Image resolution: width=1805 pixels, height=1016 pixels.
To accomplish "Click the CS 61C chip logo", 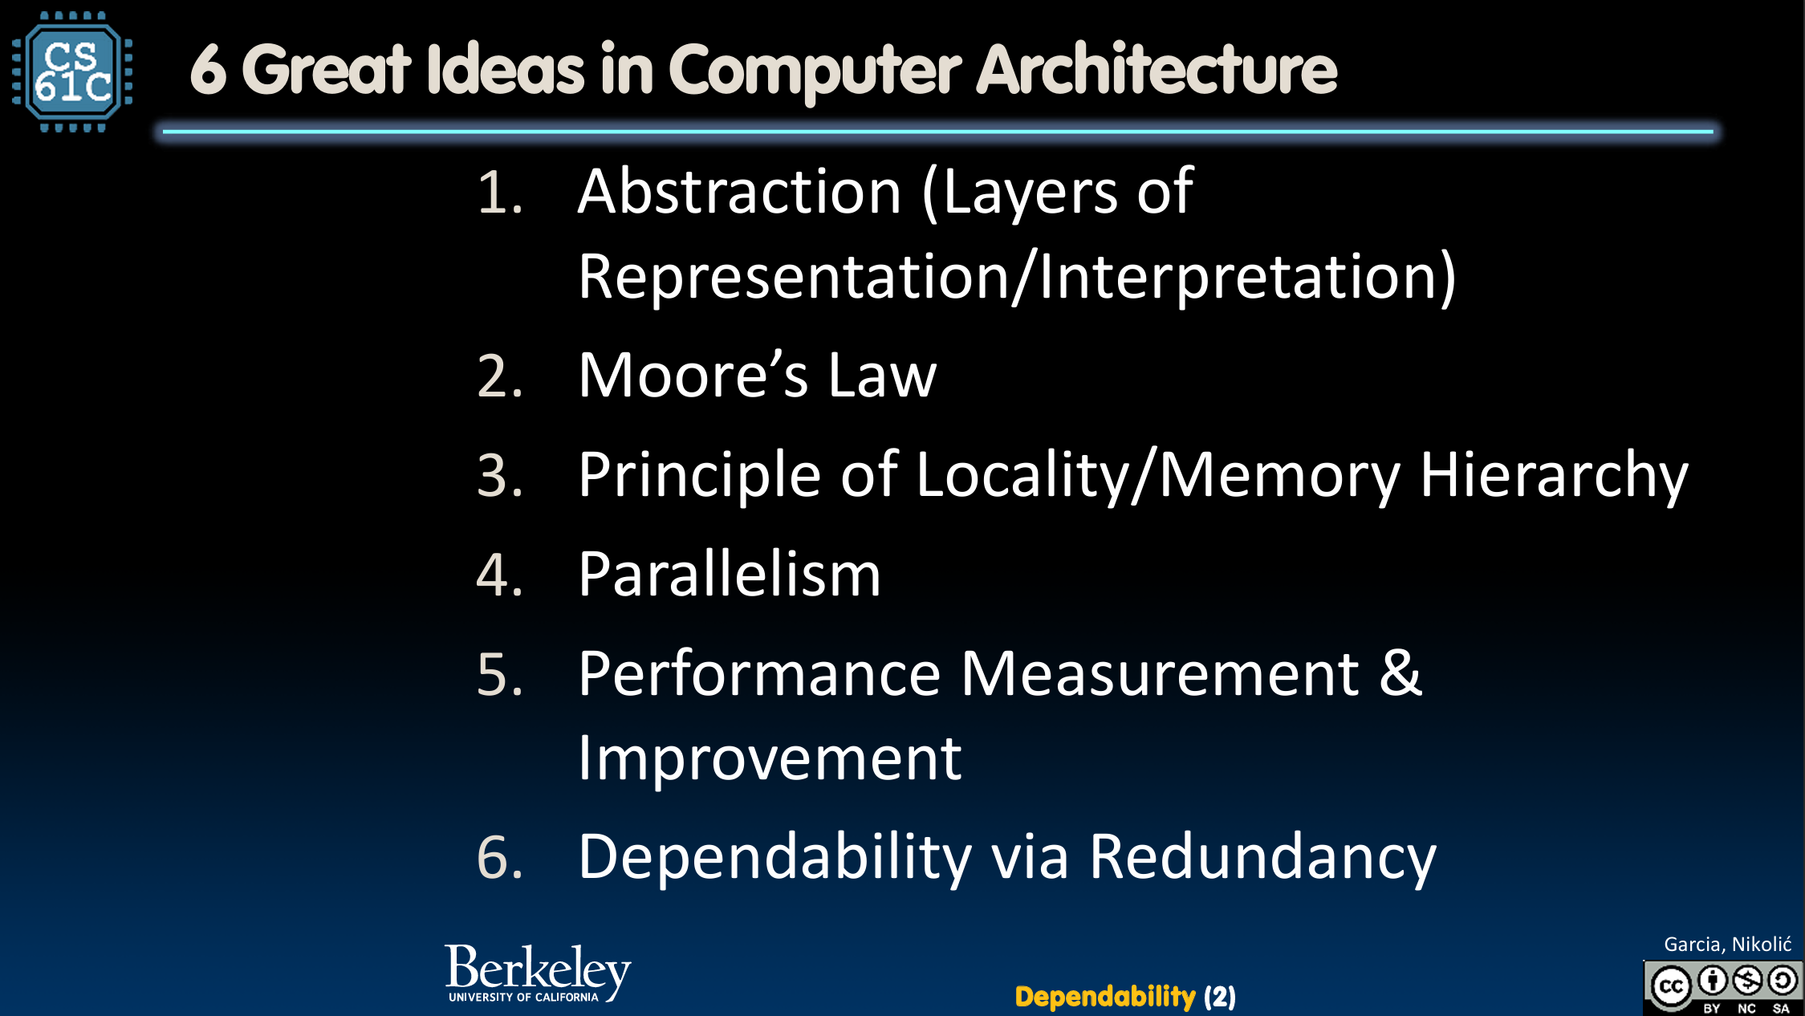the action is (72, 71).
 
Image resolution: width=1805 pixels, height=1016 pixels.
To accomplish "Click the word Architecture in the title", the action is (1157, 69).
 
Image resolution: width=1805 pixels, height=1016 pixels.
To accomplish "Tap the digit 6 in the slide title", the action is (208, 71).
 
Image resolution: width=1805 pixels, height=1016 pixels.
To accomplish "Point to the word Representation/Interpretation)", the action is (1018, 277).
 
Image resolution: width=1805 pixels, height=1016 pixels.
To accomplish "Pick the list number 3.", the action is (499, 475).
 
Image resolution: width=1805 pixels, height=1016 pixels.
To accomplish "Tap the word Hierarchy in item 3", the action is (1555, 475).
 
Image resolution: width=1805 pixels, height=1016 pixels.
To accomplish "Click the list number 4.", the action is (499, 575).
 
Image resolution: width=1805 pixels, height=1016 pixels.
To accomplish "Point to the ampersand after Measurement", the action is (1401, 673).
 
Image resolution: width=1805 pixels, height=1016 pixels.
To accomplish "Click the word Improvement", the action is (770, 758).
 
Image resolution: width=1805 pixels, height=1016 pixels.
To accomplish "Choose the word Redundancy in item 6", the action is (1262, 858).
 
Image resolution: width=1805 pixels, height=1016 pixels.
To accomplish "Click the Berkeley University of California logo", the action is (538, 973).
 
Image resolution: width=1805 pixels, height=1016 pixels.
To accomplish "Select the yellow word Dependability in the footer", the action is (1105, 997).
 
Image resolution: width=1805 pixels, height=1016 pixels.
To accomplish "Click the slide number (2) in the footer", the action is (1220, 997).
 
